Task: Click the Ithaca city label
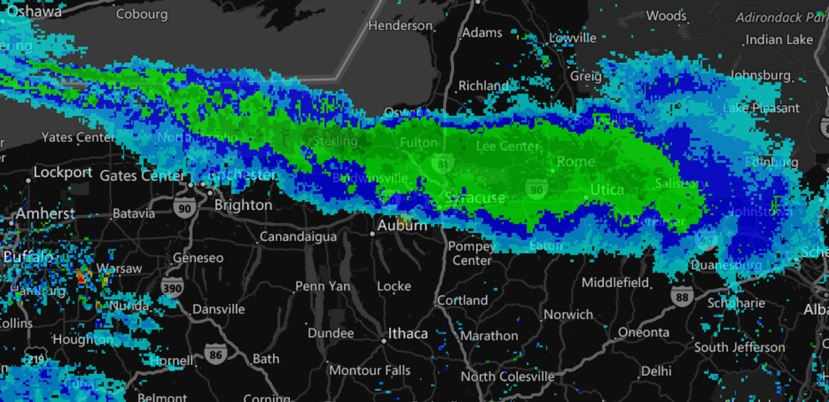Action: (408, 334)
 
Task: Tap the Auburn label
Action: (403, 225)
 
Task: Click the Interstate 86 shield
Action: (216, 354)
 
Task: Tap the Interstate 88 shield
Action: (682, 297)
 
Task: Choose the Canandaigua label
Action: (298, 236)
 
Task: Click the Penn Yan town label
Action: (322, 286)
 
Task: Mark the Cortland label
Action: (462, 300)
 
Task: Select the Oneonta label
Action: (644, 332)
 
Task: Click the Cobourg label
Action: (142, 14)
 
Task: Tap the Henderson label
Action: (400, 26)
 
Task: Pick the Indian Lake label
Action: (779, 39)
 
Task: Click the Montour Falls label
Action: (370, 370)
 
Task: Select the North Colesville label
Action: (507, 376)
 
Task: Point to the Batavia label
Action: (134, 213)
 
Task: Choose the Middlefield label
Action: (615, 283)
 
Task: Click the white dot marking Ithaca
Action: (384, 340)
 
